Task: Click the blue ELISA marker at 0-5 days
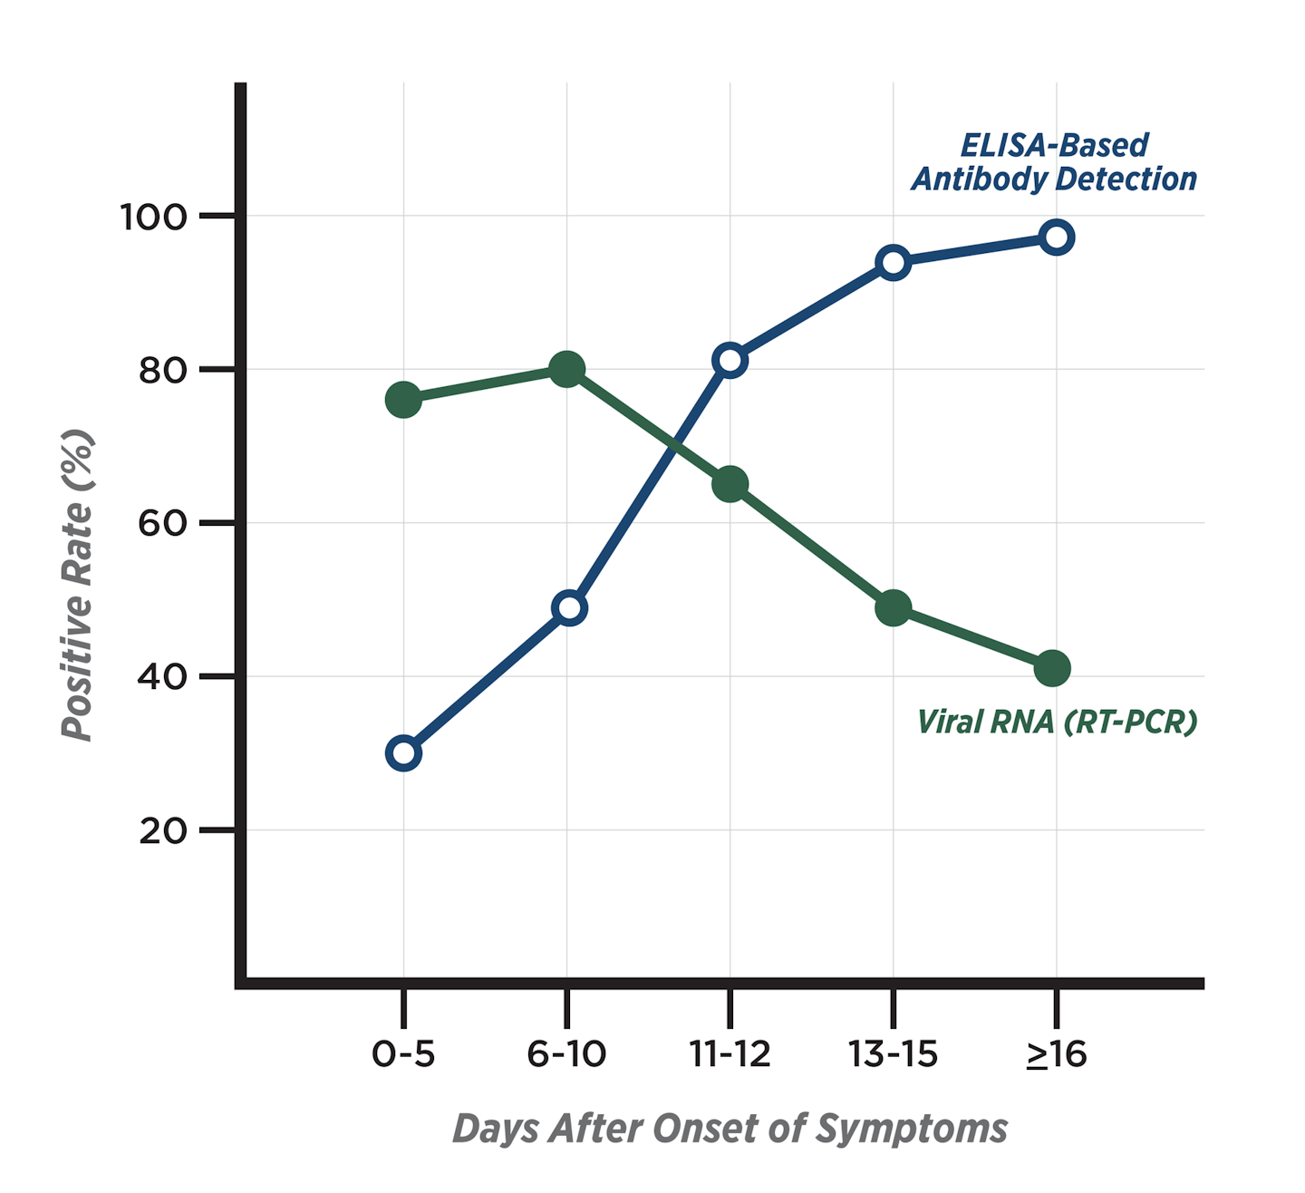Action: click(403, 753)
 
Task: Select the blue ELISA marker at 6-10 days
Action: click(569, 607)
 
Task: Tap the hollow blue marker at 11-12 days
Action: click(730, 360)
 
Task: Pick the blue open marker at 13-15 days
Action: click(894, 263)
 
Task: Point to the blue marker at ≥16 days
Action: click(1056, 238)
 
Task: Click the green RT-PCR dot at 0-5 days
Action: click(403, 400)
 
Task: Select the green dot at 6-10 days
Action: click(567, 369)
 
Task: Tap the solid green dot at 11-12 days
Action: click(730, 484)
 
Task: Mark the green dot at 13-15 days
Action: click(894, 607)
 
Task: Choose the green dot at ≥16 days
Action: click(1052, 668)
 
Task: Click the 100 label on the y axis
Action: click(153, 218)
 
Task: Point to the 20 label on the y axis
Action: click(162, 830)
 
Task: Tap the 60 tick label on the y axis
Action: click(162, 524)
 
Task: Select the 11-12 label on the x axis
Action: click(730, 1054)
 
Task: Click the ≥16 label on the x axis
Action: click(1056, 1054)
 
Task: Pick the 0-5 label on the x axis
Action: click(403, 1054)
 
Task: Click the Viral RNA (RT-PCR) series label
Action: click(1057, 723)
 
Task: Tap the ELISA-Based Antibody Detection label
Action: click(1054, 163)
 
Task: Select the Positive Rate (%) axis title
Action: click(78, 585)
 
